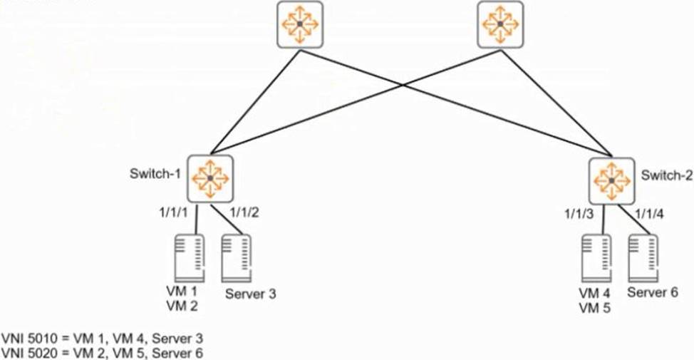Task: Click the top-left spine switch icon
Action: point(299,25)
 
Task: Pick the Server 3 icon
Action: point(238,259)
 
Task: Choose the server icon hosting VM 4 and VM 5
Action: point(596,259)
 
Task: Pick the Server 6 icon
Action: point(643,259)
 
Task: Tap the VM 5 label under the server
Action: point(593,308)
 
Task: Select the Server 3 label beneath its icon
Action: point(250,293)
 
